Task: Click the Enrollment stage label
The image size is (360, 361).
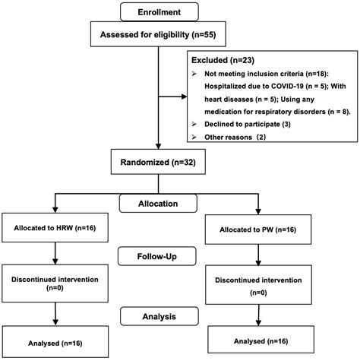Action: coord(159,12)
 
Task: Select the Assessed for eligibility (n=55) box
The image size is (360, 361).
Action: coord(158,34)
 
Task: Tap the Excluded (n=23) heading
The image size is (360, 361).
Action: coord(223,60)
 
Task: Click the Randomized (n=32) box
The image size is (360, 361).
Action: coord(158,162)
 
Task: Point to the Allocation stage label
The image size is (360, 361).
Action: coord(158,204)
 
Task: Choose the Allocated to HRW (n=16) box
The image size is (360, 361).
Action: coord(55,227)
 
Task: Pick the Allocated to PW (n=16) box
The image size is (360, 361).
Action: coord(258,230)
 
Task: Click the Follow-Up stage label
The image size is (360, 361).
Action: coord(157,256)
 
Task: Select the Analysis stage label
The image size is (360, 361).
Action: coord(159,316)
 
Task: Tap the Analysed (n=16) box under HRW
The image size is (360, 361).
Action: coord(55,342)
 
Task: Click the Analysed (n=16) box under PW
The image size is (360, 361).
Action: coord(261,340)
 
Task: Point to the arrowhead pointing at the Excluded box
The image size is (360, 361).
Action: coord(184,97)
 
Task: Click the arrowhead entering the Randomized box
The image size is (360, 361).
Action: coord(158,146)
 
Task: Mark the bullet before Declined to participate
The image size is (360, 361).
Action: coord(194,124)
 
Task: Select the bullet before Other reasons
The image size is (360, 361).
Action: coord(194,137)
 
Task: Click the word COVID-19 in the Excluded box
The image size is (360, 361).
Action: coord(287,86)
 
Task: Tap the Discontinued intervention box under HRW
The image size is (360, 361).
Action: coord(55,283)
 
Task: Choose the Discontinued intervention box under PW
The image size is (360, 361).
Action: coord(258,285)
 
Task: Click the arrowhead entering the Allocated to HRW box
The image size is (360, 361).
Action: coord(55,210)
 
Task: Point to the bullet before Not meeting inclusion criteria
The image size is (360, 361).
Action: coord(194,74)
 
